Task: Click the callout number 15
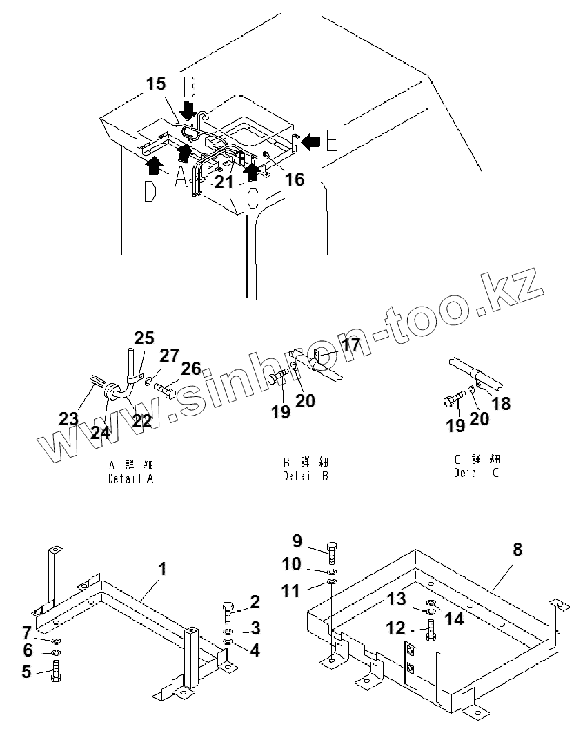click(x=157, y=84)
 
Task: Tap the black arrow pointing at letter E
click(x=310, y=142)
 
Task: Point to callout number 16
click(x=294, y=179)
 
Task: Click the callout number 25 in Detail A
click(x=144, y=338)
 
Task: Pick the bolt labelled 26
click(x=166, y=389)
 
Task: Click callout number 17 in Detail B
click(x=350, y=344)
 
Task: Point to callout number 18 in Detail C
click(x=502, y=403)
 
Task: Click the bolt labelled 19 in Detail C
click(x=453, y=401)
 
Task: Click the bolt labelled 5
click(x=55, y=671)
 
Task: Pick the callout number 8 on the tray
click(x=517, y=550)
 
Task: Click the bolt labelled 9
click(x=331, y=549)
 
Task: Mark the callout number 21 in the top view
click(x=224, y=182)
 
